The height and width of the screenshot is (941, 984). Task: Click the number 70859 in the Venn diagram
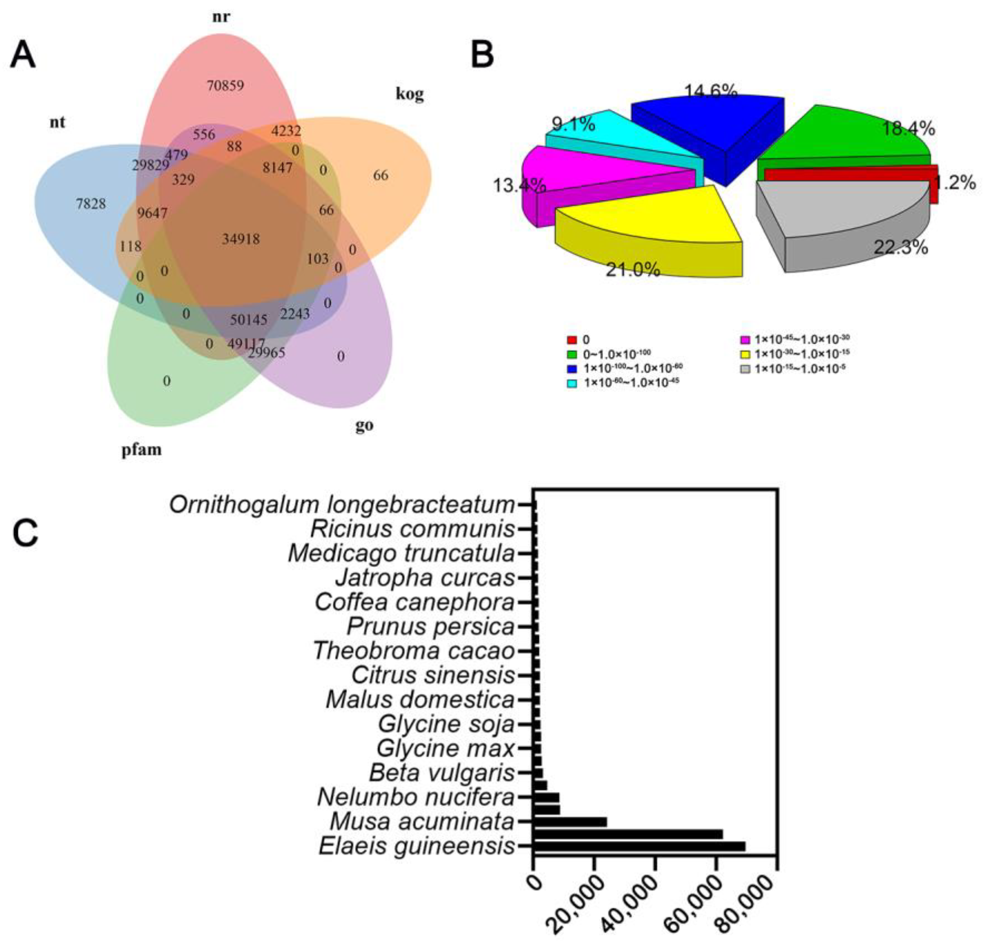click(x=225, y=86)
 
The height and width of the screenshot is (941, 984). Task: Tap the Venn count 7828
click(x=91, y=204)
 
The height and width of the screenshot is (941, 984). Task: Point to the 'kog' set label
click(x=409, y=94)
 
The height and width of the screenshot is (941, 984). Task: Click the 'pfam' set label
click(x=142, y=450)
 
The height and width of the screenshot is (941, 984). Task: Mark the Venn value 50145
click(x=248, y=319)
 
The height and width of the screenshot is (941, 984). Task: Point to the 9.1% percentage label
click(x=573, y=124)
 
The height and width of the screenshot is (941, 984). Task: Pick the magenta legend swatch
click(x=745, y=339)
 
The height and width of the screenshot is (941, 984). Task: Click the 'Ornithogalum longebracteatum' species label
click(x=342, y=505)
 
